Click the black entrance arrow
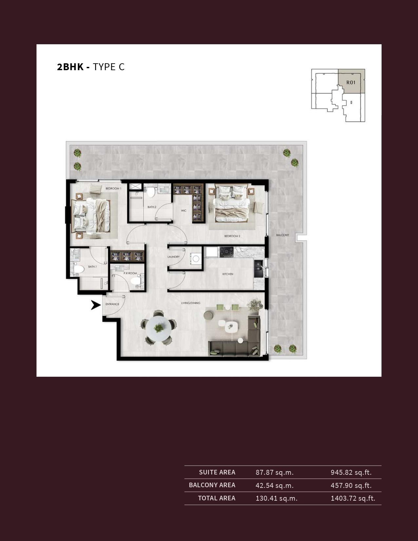pos(96,305)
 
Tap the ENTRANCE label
pos(112,304)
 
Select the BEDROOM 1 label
pos(113,189)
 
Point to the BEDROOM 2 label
pos(232,236)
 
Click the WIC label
pos(184,210)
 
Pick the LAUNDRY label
pos(173,257)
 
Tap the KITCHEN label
pos(228,274)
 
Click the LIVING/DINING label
pos(191,303)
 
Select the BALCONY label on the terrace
pos(283,235)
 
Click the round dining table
pos(159,329)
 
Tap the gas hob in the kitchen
pos(227,252)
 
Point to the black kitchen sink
pos(258,269)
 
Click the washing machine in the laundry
pos(195,259)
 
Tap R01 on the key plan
pos(351,82)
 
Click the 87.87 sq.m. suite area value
pos(275,472)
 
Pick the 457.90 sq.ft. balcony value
pos(351,485)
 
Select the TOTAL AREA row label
pos(217,498)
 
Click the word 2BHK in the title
pos(70,67)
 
